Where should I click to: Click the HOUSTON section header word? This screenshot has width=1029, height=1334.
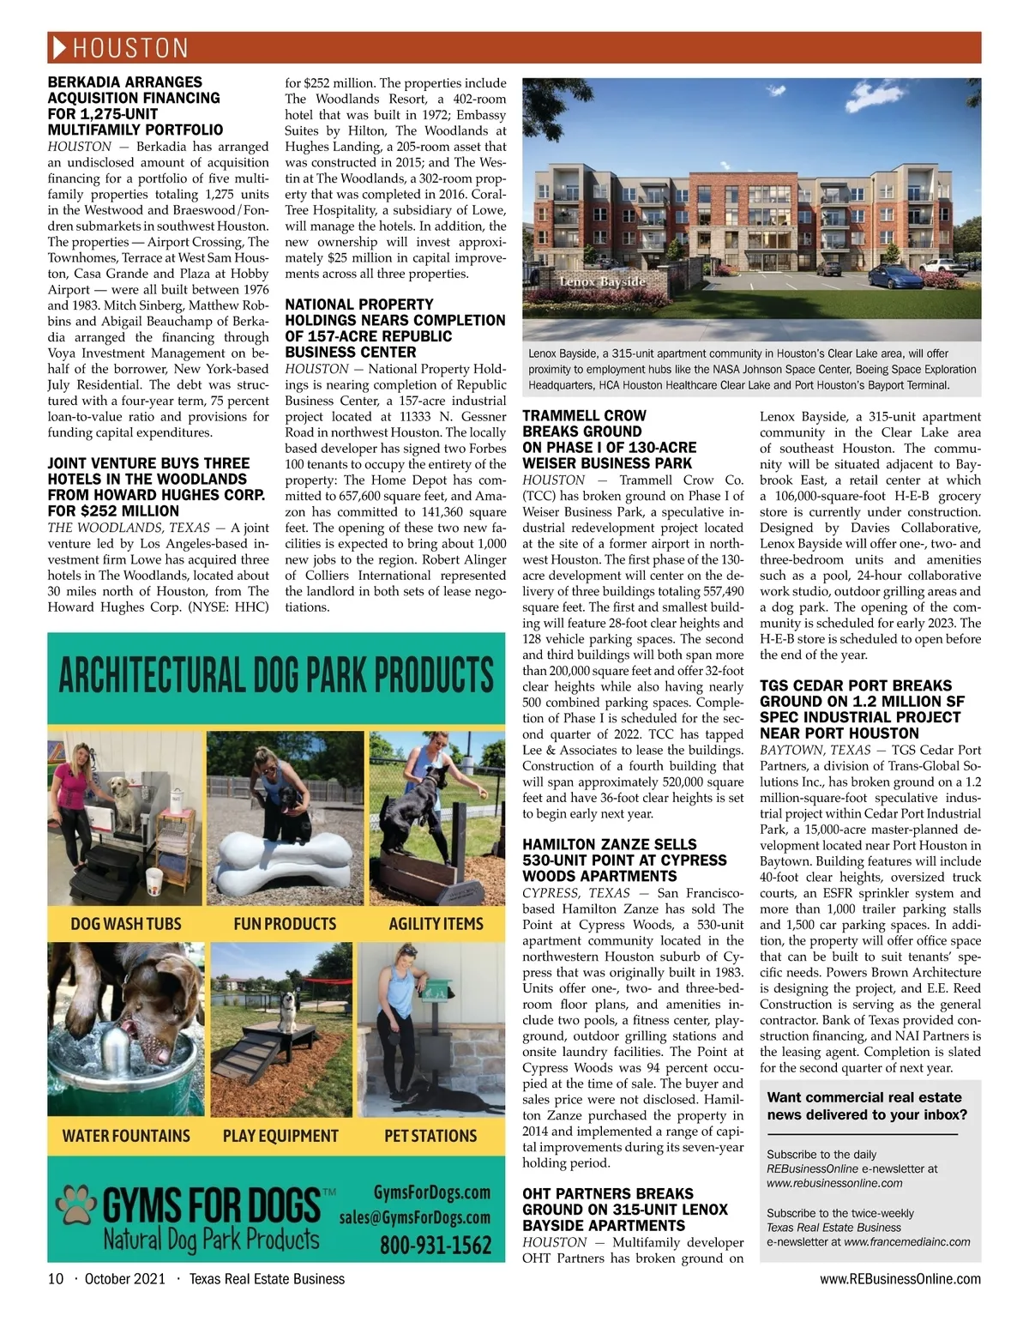tap(130, 48)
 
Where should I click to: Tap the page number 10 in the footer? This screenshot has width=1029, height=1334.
tap(56, 1279)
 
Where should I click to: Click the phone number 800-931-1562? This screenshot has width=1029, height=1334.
tap(436, 1245)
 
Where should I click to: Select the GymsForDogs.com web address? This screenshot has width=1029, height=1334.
tap(432, 1192)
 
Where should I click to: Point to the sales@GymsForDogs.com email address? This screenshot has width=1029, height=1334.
tap(415, 1218)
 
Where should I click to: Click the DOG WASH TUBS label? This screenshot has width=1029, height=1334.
tap(126, 924)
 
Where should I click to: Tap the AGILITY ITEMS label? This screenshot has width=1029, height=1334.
tap(436, 924)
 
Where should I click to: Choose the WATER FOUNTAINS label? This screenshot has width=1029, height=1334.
tap(126, 1136)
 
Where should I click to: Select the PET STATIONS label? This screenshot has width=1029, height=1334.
tap(430, 1136)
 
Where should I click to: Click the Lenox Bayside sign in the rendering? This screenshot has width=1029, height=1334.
tap(602, 281)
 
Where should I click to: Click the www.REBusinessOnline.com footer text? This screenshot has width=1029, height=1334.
tap(900, 1279)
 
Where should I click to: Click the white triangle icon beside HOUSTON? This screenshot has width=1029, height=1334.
tap(59, 47)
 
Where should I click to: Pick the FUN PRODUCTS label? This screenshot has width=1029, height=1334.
tap(285, 924)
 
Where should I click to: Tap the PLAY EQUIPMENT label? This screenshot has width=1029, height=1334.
tap(280, 1136)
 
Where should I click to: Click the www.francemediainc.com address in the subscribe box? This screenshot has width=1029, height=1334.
tap(907, 1241)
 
